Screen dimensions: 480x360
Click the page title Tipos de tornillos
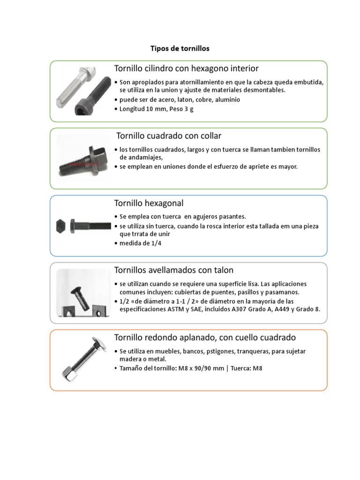tap(180, 48)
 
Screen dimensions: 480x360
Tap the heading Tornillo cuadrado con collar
tap(169, 136)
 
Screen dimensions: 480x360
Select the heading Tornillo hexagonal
tap(149, 203)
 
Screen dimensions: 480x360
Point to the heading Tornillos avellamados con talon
tap(173, 270)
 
